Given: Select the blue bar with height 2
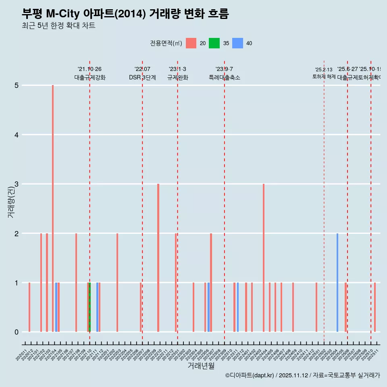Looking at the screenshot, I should [337, 282].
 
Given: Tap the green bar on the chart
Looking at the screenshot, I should [89, 307].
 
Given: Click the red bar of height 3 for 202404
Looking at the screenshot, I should [264, 258].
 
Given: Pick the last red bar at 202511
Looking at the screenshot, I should [375, 307].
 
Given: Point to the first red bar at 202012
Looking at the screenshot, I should [29, 307].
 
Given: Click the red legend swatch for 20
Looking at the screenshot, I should [191, 43].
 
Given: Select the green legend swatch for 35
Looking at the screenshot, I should [214, 43].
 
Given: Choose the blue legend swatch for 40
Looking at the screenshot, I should [238, 43].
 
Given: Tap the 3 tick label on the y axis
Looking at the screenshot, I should [17, 184].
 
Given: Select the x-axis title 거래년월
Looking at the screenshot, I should [201, 366].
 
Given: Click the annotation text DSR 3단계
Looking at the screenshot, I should [142, 77].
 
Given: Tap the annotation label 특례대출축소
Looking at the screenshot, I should [224, 77].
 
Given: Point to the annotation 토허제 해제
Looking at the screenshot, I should [324, 76].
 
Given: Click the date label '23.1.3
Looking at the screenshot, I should [177, 69].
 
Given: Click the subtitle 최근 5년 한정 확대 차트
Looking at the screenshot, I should [58, 26].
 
